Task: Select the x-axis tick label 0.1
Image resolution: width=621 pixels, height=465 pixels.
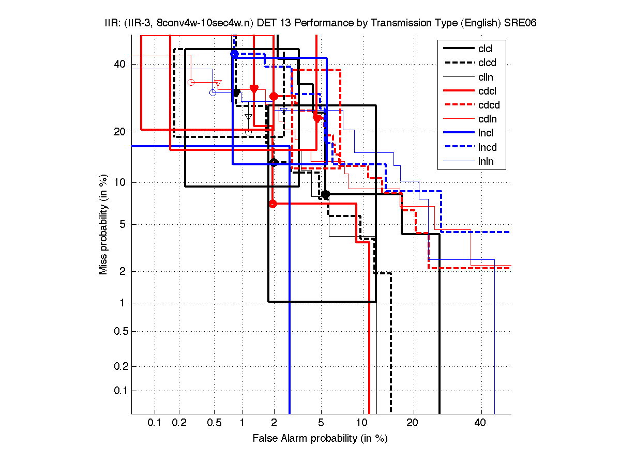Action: tap(155, 423)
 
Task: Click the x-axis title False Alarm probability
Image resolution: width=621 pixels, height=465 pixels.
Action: tap(320, 439)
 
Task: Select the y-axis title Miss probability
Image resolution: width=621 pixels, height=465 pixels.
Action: tap(103, 225)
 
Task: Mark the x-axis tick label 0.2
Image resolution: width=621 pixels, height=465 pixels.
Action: tap(179, 423)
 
